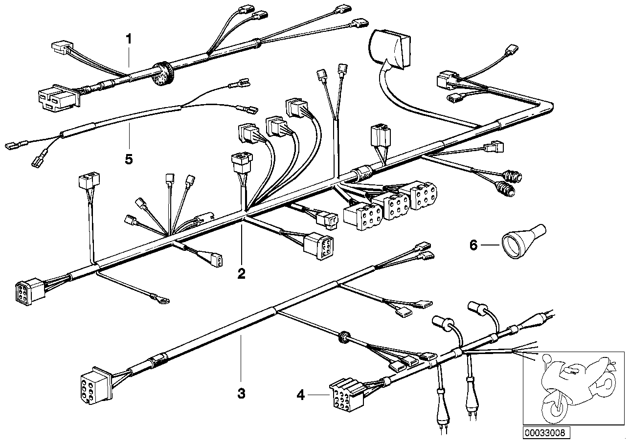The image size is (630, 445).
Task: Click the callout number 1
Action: [129, 39]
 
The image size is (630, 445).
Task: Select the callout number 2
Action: [241, 273]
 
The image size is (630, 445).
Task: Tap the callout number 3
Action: [241, 393]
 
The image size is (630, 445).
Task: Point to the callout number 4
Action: [300, 395]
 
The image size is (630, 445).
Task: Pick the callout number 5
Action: [129, 159]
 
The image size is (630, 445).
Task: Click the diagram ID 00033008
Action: [544, 432]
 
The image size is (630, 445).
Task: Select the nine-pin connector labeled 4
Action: [346, 393]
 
